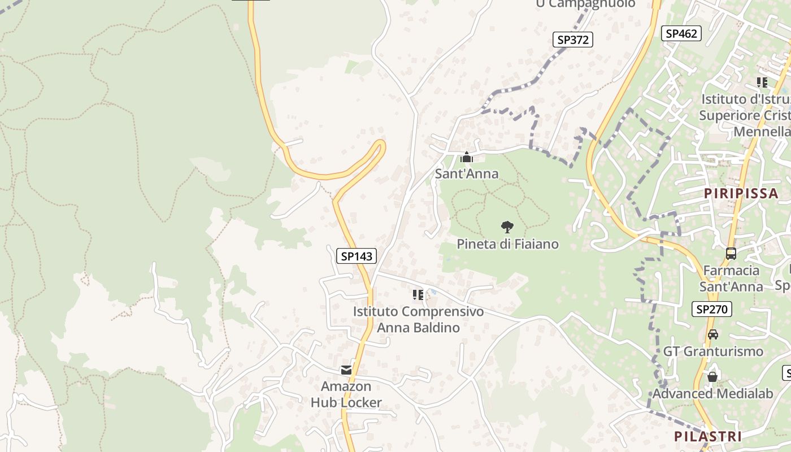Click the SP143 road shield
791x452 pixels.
click(357, 256)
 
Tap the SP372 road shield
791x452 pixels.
click(572, 40)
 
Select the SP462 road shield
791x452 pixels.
click(681, 33)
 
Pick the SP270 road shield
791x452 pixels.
click(711, 309)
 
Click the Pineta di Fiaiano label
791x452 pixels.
click(507, 244)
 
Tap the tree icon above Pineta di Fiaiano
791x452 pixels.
click(507, 227)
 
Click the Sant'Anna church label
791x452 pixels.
click(467, 173)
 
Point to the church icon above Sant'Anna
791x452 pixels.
click(467, 157)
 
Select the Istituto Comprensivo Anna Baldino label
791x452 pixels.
click(418, 319)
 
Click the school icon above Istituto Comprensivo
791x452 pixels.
click(418, 294)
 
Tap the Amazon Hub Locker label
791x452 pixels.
click(346, 394)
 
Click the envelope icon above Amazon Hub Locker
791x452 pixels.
click(346, 370)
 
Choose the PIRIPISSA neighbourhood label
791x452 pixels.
click(741, 193)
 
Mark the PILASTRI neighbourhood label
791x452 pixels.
click(707, 436)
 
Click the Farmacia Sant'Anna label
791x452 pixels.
click(731, 279)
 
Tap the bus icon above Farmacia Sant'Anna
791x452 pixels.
click(731, 254)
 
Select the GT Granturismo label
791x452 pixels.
click(712, 351)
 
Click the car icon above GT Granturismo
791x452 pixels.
click(713, 334)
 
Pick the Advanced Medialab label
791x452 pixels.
click(712, 394)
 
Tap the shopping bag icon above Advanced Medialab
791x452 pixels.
click(712, 376)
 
